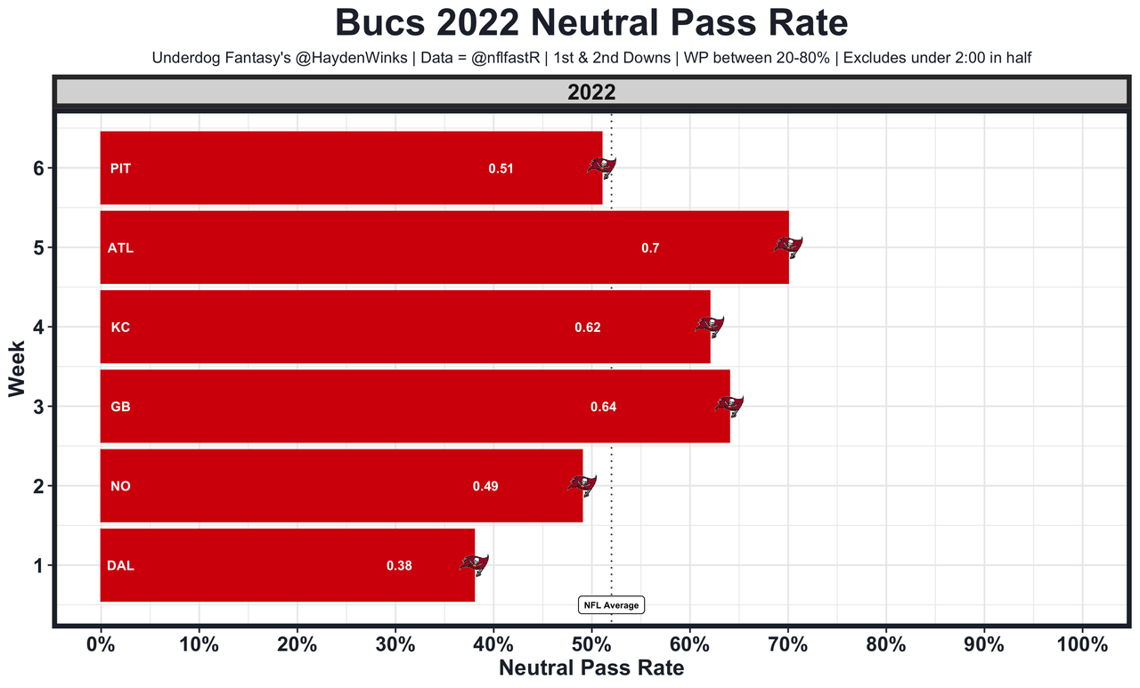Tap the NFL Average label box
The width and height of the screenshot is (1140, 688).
(x=611, y=605)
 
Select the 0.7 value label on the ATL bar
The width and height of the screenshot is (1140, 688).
(x=650, y=248)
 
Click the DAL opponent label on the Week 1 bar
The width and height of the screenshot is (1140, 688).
(x=120, y=566)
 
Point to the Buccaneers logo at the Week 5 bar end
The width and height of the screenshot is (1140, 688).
(x=788, y=247)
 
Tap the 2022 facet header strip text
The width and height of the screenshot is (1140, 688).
(x=591, y=92)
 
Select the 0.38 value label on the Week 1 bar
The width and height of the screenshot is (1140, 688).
(x=399, y=566)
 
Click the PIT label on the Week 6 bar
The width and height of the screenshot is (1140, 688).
(x=120, y=168)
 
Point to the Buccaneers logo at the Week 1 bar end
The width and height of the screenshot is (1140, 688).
(x=474, y=563)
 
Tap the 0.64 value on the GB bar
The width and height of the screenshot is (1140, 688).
(x=603, y=408)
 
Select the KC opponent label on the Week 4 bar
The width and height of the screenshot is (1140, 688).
(x=120, y=328)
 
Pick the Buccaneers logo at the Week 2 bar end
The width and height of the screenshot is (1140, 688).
(x=582, y=484)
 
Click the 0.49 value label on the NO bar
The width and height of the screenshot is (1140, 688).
(x=485, y=487)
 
